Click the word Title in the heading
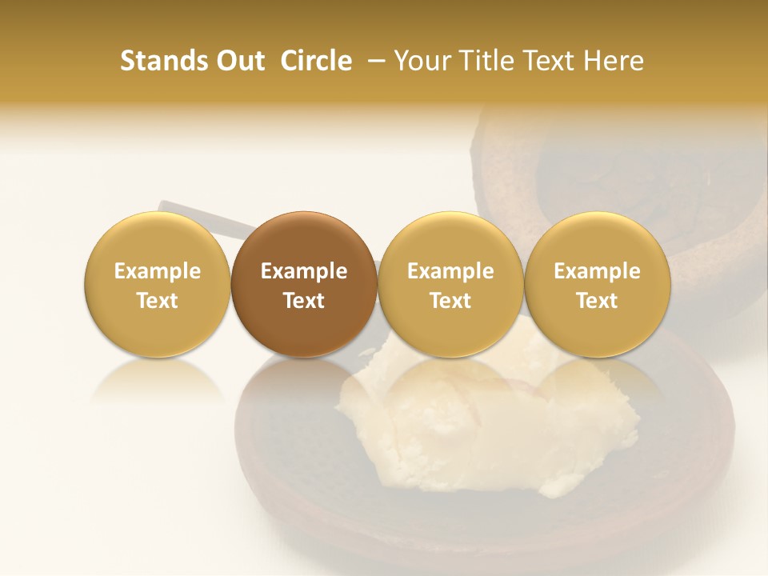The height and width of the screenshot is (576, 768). point(485,61)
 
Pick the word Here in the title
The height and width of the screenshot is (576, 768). point(615,61)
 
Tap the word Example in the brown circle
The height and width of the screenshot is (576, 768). point(304,272)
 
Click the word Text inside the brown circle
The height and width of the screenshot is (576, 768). point(304,301)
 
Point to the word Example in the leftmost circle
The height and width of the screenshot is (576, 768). point(157,272)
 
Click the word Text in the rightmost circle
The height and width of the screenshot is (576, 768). point(597,301)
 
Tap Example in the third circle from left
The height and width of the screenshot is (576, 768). point(450,272)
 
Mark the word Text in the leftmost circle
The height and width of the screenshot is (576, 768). point(157,301)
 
